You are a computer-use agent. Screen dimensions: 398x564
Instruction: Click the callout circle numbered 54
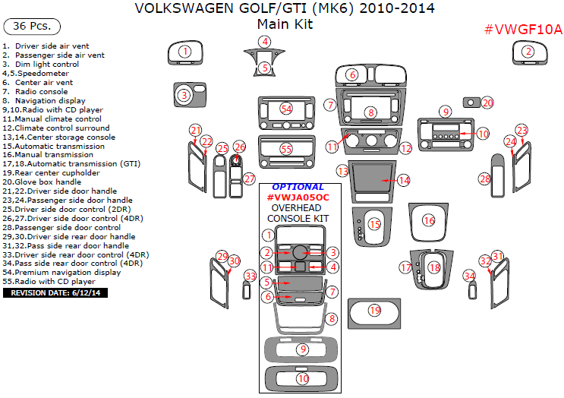[286, 109]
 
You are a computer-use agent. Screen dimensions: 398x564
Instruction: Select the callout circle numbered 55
[286, 150]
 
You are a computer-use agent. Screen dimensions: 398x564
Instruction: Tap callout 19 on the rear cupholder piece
[374, 310]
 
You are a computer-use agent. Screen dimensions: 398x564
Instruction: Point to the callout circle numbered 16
[430, 220]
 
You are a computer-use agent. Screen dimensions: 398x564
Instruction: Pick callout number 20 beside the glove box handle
[487, 103]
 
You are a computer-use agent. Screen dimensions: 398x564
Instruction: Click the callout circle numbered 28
[485, 179]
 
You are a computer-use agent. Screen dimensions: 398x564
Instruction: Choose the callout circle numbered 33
[250, 276]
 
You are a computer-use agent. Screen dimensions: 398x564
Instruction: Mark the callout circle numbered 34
[470, 276]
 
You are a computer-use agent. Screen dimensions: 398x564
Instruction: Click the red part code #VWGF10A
[523, 30]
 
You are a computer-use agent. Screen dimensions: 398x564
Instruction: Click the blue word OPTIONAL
[298, 187]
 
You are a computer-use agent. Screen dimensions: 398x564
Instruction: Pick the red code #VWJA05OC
[298, 197]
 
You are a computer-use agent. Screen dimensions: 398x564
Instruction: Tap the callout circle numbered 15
[375, 224]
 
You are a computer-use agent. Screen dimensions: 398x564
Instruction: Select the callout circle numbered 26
[240, 147]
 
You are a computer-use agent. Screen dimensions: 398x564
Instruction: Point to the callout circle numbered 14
[404, 180]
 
